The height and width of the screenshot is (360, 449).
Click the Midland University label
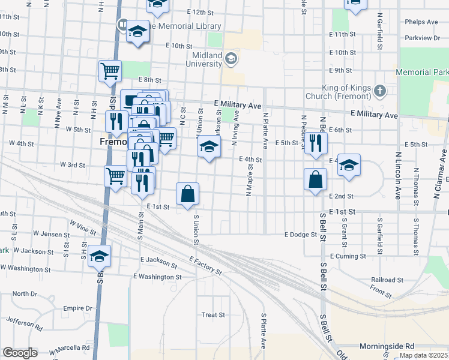pos(204,59)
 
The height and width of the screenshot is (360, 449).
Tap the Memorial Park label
pos(422,72)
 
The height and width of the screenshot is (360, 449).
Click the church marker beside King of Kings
pos(379,92)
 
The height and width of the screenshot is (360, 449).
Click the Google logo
pos(20,353)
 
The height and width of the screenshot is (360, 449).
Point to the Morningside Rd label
pos(387,346)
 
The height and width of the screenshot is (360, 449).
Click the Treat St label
pos(213,314)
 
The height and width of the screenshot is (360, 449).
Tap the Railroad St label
pos(387,280)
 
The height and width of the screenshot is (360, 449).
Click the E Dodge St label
pos(300,235)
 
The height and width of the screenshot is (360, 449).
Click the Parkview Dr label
pos(423,38)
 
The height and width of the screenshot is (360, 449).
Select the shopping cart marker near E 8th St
pos(110,71)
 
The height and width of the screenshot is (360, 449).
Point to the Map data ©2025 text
pos(423,355)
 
